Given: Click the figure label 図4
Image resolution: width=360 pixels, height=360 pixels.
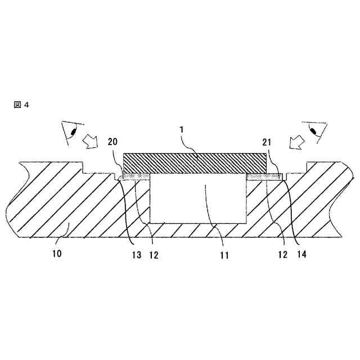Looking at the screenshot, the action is point(20,105).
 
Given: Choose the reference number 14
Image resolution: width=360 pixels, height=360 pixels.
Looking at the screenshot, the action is point(301,254).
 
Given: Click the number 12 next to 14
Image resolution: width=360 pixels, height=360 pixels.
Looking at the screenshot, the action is point(282,254).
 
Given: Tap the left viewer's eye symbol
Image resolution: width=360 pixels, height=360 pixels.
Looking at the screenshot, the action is point(72,133).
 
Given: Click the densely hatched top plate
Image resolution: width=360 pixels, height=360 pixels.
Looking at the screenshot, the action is point(194,163).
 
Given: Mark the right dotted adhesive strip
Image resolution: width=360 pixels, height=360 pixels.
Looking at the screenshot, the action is point(265,177).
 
